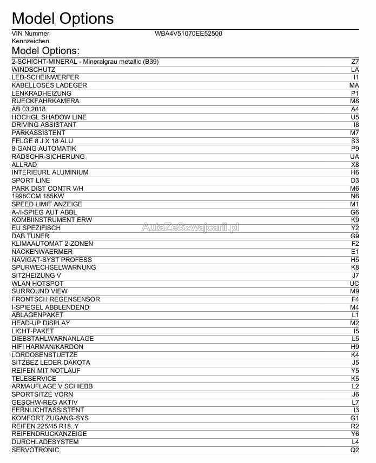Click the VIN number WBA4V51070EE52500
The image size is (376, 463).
coord(188,33)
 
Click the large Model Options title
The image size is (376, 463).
coord(62,18)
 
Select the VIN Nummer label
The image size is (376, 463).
coord(30,33)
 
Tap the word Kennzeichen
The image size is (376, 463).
coord(30,41)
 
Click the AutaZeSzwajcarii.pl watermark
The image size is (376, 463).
coord(190,227)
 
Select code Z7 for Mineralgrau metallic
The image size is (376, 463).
coord(355,62)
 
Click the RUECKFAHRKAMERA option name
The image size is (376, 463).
coord(45,101)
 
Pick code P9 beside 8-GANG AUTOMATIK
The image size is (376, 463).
coord(355,149)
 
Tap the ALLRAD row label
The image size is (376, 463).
coord(24,164)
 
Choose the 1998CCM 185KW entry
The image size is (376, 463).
coord(38,196)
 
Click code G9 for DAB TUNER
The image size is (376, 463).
coord(355,236)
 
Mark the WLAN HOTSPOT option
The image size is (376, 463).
coord(38,283)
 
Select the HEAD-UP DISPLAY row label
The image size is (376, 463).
coord(41,323)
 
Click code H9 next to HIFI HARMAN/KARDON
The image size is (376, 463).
coord(355,347)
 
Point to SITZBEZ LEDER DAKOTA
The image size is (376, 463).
coord(51,363)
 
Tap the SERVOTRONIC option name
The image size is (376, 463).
coord(35,449)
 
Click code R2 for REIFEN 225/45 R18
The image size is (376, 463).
coord(355,426)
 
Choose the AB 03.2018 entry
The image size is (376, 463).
coord(29,109)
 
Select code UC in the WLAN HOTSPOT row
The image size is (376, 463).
coord(354,283)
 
